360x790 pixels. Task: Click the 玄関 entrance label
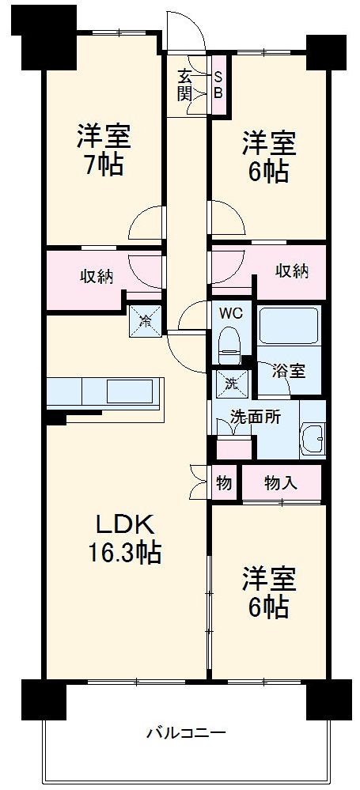point(185,85)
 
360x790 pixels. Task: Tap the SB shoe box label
point(218,85)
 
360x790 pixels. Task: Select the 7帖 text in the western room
point(100,165)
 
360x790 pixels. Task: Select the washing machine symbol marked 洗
point(230,383)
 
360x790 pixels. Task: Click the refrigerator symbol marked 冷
point(146,319)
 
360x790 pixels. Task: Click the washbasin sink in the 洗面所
point(313,439)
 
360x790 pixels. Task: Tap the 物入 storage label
point(281,482)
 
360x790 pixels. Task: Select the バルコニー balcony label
point(186,732)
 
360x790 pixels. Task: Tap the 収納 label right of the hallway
point(291,271)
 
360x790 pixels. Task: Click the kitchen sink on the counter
point(127,391)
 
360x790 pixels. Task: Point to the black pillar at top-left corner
point(45,36)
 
